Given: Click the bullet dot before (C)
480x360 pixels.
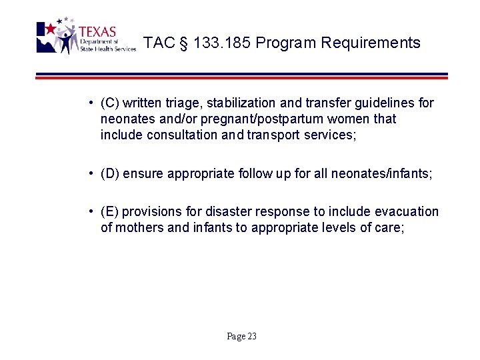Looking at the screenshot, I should [89, 103].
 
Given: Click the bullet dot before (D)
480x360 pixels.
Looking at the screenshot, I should [89, 174].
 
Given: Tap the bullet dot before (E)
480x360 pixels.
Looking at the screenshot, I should [89, 212].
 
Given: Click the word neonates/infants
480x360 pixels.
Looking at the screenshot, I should [390, 174].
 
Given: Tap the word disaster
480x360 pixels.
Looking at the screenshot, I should [223, 212].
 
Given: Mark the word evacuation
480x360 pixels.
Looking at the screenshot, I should [406, 212].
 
